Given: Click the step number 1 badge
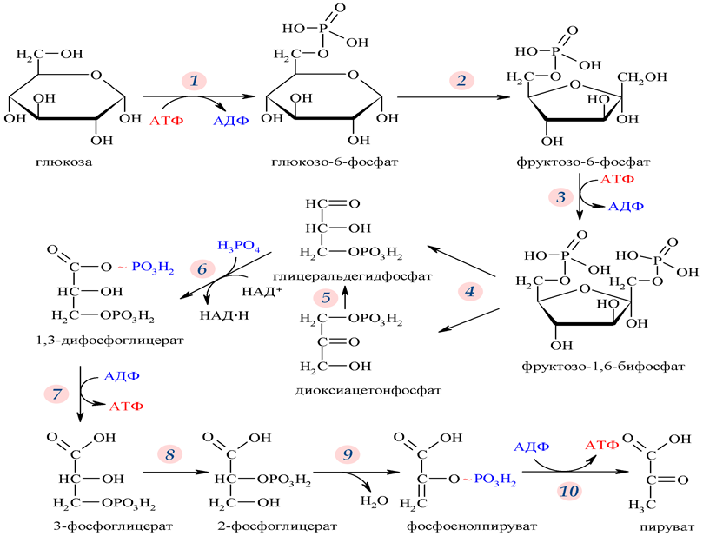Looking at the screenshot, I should pyautogui.click(x=195, y=80).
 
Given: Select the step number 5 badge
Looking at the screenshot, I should pyautogui.click(x=326, y=298).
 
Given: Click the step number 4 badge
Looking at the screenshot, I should pyautogui.click(x=470, y=290).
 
